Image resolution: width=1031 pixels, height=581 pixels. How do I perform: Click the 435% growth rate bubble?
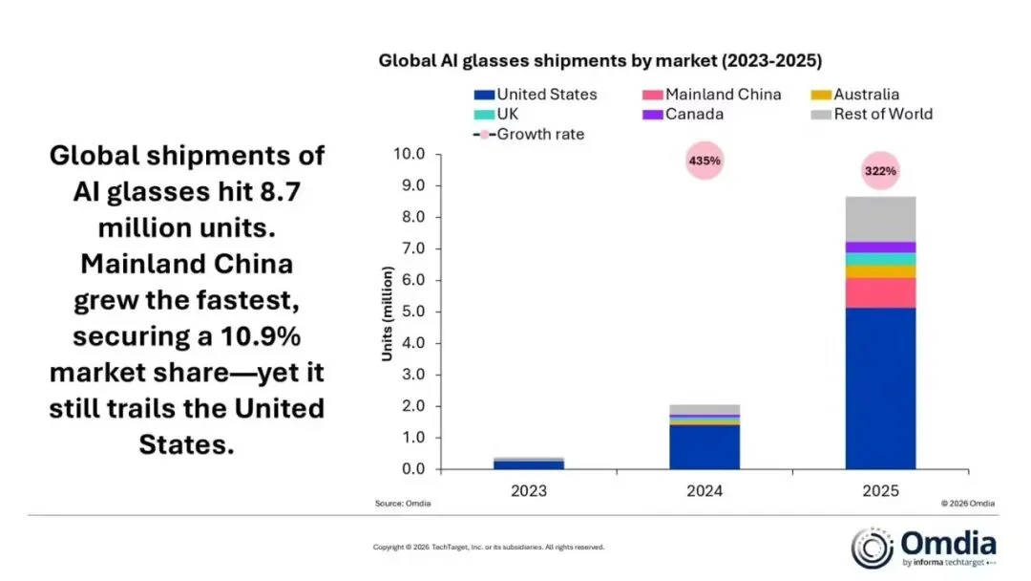[705, 161]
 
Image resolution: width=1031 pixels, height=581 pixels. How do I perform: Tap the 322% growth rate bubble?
[880, 172]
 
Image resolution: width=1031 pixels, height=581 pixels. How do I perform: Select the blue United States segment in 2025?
[880, 387]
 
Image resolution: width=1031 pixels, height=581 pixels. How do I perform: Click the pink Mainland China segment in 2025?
[880, 292]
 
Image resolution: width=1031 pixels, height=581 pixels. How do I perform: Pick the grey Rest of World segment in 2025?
[880, 219]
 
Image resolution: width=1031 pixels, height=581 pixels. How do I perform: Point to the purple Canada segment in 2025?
[880, 247]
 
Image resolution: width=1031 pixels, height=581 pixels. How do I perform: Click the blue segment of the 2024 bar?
[705, 446]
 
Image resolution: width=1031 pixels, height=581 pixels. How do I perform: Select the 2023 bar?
[529, 463]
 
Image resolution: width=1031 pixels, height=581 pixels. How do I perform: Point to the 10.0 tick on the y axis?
[407, 154]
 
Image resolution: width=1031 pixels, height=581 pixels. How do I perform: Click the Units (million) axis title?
[388, 312]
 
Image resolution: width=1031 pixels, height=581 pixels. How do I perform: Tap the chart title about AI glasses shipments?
[600, 60]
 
